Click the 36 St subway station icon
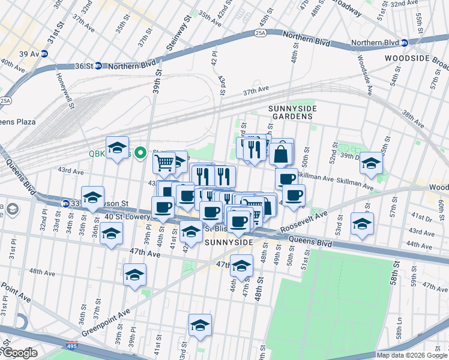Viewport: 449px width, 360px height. click(97, 66)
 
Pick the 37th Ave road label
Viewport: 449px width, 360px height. click(256, 91)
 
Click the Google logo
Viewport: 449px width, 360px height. click(19, 353)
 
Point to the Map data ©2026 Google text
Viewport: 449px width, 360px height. click(412, 355)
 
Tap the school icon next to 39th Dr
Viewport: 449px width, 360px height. click(372, 164)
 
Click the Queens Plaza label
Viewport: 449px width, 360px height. click(18, 121)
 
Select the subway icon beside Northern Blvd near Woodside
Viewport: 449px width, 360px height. click(405, 43)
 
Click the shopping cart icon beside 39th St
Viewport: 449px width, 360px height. click(164, 163)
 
